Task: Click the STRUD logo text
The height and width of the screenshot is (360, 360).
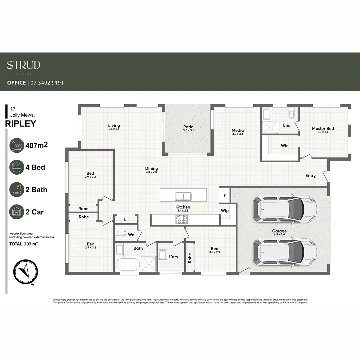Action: pos(24,65)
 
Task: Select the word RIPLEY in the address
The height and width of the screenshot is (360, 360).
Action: pos(21,124)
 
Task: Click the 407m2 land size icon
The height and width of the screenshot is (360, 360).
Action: pos(17,146)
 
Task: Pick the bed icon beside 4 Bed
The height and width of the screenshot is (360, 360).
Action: pos(17,167)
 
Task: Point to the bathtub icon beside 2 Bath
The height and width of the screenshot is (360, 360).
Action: pos(17,190)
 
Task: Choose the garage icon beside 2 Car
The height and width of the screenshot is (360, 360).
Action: pos(17,212)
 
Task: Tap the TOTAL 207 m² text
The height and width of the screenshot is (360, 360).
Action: pos(24,244)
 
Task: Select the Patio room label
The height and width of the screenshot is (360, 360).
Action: pos(188,127)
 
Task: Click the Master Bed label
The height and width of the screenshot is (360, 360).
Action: pos(323,128)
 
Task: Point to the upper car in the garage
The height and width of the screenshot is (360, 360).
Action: pos(284,209)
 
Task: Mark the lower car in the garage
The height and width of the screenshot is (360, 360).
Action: pos(284,252)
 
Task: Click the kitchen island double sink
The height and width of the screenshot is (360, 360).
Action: pos(183,196)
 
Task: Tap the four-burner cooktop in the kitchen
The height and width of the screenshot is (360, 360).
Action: pos(181,219)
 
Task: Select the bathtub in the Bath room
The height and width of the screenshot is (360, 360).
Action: pos(128,265)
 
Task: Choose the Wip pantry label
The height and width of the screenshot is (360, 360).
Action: pos(225,211)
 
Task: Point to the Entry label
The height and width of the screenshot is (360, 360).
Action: pos(310,176)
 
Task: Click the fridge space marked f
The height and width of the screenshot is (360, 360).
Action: pos(225,196)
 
